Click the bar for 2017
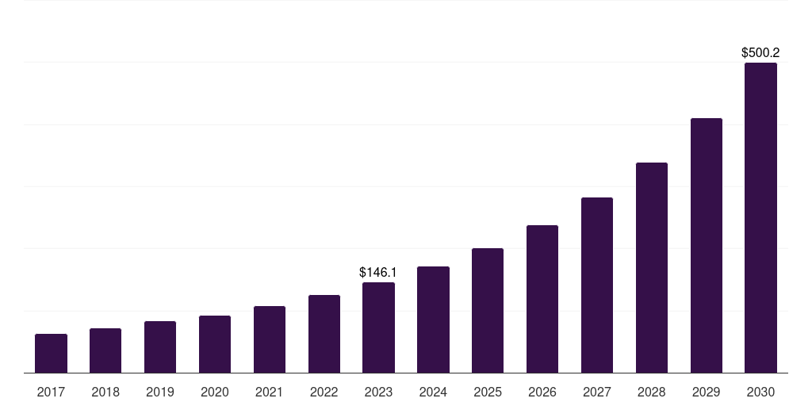point(51,353)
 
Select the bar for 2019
point(160,347)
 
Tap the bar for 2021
point(270,339)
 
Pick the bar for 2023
point(378,327)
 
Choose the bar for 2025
point(488,310)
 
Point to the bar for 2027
point(597,285)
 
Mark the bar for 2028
point(652,267)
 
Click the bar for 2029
point(707,245)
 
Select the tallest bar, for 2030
point(760,217)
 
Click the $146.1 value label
point(378,272)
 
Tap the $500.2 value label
point(760,53)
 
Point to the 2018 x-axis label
point(105,392)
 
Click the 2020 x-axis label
point(215,392)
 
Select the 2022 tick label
point(324,392)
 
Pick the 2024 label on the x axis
point(433,392)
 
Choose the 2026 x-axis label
point(542,392)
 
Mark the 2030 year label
point(760,392)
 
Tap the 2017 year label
point(51,392)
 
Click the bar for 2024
point(433,320)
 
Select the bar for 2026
point(542,299)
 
